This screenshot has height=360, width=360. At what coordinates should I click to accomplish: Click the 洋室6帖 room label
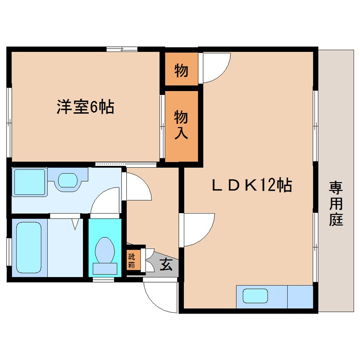[x=86, y=107]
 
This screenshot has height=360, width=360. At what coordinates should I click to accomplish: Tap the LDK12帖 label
[x=252, y=185]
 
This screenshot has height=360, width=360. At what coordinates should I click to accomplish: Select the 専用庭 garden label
[x=336, y=204]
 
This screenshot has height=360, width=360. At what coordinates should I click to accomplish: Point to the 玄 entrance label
[x=166, y=264]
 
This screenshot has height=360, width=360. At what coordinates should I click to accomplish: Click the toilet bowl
[x=105, y=250]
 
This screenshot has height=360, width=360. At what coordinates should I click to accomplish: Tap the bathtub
[x=29, y=247]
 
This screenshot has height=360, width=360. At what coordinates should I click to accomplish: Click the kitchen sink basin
[x=256, y=296]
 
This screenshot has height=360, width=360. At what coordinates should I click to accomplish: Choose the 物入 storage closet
[x=181, y=126]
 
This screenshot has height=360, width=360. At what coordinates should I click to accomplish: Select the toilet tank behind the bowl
[x=105, y=269]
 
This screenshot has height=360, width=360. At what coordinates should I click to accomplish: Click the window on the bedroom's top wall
[x=122, y=49]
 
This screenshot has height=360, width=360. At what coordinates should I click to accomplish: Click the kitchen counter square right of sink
[x=300, y=297]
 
